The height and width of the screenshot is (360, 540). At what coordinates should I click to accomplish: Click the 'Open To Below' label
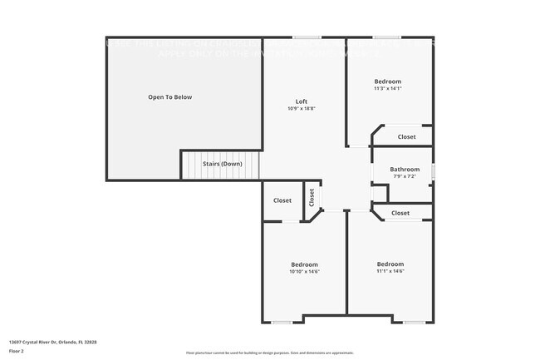pos(169,97)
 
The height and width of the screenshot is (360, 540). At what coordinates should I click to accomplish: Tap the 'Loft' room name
pos(302,101)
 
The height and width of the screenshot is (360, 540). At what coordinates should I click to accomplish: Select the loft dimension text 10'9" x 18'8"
pos(302,109)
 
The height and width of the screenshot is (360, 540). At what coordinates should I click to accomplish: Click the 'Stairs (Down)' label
pos(222,164)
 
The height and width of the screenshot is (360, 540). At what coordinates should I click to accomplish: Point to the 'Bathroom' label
pos(405,170)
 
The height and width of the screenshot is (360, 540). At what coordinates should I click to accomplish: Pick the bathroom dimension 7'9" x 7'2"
pos(405,176)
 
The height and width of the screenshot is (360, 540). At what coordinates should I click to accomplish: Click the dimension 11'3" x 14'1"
pos(388,89)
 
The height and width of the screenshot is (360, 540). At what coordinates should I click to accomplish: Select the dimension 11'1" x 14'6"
pos(390,271)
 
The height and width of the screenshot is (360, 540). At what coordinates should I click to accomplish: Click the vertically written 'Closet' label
pos(312,197)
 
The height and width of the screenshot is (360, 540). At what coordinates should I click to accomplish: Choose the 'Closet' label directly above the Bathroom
pos(406,136)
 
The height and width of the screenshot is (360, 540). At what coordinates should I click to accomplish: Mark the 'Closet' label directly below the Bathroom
pos(400,213)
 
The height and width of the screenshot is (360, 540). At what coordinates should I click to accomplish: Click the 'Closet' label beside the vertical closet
pos(282,200)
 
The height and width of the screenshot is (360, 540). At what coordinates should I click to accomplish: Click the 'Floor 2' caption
pos(17,351)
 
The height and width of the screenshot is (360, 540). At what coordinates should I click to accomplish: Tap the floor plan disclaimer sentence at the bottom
pos(269,353)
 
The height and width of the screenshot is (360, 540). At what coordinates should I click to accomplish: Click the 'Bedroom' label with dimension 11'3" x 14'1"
pos(388,81)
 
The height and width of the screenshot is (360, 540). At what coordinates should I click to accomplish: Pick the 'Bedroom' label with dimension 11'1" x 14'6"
pos(390,264)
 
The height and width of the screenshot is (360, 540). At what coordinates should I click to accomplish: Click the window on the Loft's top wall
pos(307,37)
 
